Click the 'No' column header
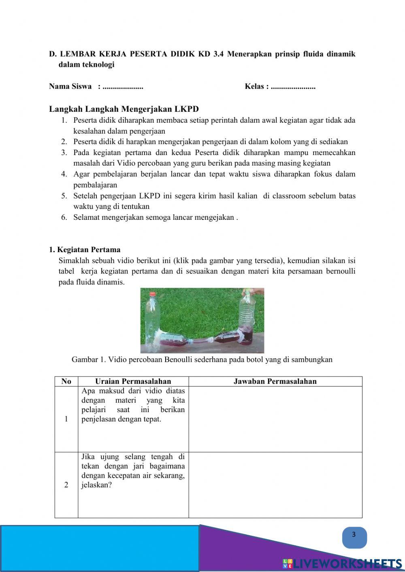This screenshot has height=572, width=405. [66, 381]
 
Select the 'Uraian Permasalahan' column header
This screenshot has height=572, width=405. [133, 381]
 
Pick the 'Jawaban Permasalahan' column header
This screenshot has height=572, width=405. [275, 381]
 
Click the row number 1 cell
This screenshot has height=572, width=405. [66, 419]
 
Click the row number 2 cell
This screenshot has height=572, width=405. [66, 485]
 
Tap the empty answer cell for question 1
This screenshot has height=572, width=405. [275, 419]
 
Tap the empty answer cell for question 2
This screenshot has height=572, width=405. [275, 485]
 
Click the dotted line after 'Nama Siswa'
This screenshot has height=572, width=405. [123, 87]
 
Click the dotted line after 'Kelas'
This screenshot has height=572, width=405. [293, 87]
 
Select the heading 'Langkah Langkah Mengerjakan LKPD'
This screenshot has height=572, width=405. [124, 109]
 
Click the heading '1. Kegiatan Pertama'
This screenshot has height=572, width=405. [85, 249]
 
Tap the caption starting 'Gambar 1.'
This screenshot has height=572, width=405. [202, 359]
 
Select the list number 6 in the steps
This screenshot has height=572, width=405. [64, 217]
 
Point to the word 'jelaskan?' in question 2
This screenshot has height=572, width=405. [96, 485]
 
